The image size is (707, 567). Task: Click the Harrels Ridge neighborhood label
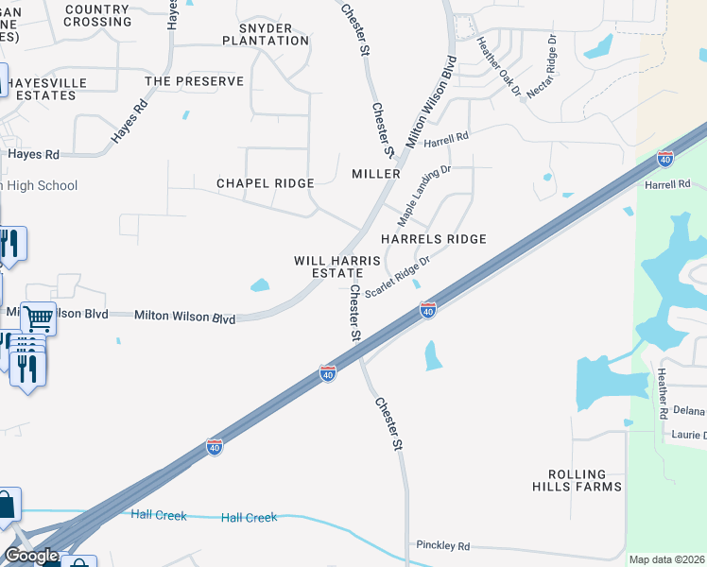coord(433,239)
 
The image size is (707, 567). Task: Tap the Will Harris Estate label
coord(337,266)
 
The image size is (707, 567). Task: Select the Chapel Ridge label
coord(265,182)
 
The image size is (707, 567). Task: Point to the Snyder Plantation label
coord(266,34)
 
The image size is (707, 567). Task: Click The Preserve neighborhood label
coord(194,81)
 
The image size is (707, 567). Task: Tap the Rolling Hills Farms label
coord(585,480)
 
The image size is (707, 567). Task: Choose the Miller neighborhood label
coord(376,175)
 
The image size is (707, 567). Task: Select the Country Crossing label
coord(98,15)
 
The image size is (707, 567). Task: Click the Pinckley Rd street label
coord(443,546)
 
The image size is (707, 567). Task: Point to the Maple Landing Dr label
coord(424,196)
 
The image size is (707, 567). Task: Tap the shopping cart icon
coord(39,319)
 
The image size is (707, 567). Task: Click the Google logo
coord(31,556)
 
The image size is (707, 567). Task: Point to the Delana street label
coord(689,412)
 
